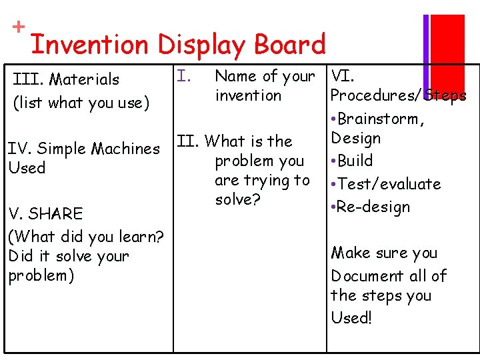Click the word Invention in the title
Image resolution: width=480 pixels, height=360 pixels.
pos(90,45)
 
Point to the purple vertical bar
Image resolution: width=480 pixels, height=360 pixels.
pos(426,50)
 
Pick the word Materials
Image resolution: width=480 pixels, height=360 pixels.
pos(84,79)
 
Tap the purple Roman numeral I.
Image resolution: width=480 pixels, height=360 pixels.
pos(185,77)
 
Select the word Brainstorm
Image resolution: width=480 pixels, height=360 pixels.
pos(381,119)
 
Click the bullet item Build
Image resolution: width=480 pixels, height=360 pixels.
pos(355,161)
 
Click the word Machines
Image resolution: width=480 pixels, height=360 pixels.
pos(126,148)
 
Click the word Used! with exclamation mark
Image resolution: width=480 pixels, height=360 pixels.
pos(351,317)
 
